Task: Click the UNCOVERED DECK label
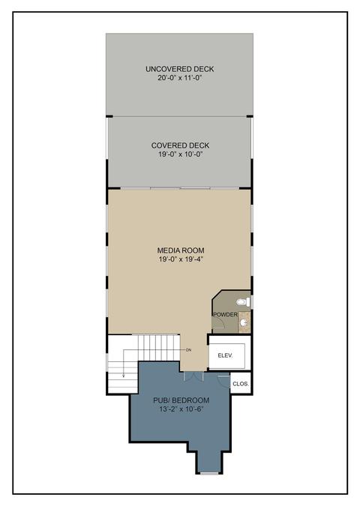179,69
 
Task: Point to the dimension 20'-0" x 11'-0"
179,78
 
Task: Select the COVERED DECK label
180,145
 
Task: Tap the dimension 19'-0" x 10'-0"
180,154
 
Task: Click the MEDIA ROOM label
181,250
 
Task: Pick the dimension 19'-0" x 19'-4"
181,259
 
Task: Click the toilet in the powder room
243,302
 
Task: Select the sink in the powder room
244,322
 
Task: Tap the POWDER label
225,315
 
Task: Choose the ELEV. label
225,355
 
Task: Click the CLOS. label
241,384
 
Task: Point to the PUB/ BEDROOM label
181,400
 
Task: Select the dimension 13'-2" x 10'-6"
181,409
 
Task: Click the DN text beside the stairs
188,350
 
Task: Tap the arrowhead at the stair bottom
124,376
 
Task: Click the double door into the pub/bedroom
193,376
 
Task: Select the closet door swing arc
223,382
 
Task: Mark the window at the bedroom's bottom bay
209,474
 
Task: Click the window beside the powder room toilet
252,302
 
